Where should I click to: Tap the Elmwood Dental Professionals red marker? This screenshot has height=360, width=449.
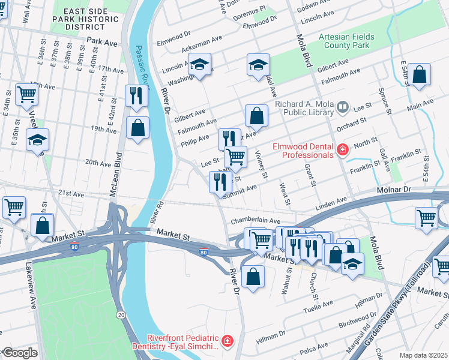coord(342,150)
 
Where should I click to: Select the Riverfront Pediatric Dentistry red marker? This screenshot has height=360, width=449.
coord(228,342)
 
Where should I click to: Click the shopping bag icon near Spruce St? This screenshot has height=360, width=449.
coord(421,76)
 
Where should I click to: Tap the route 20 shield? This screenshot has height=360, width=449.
coord(121,314)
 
